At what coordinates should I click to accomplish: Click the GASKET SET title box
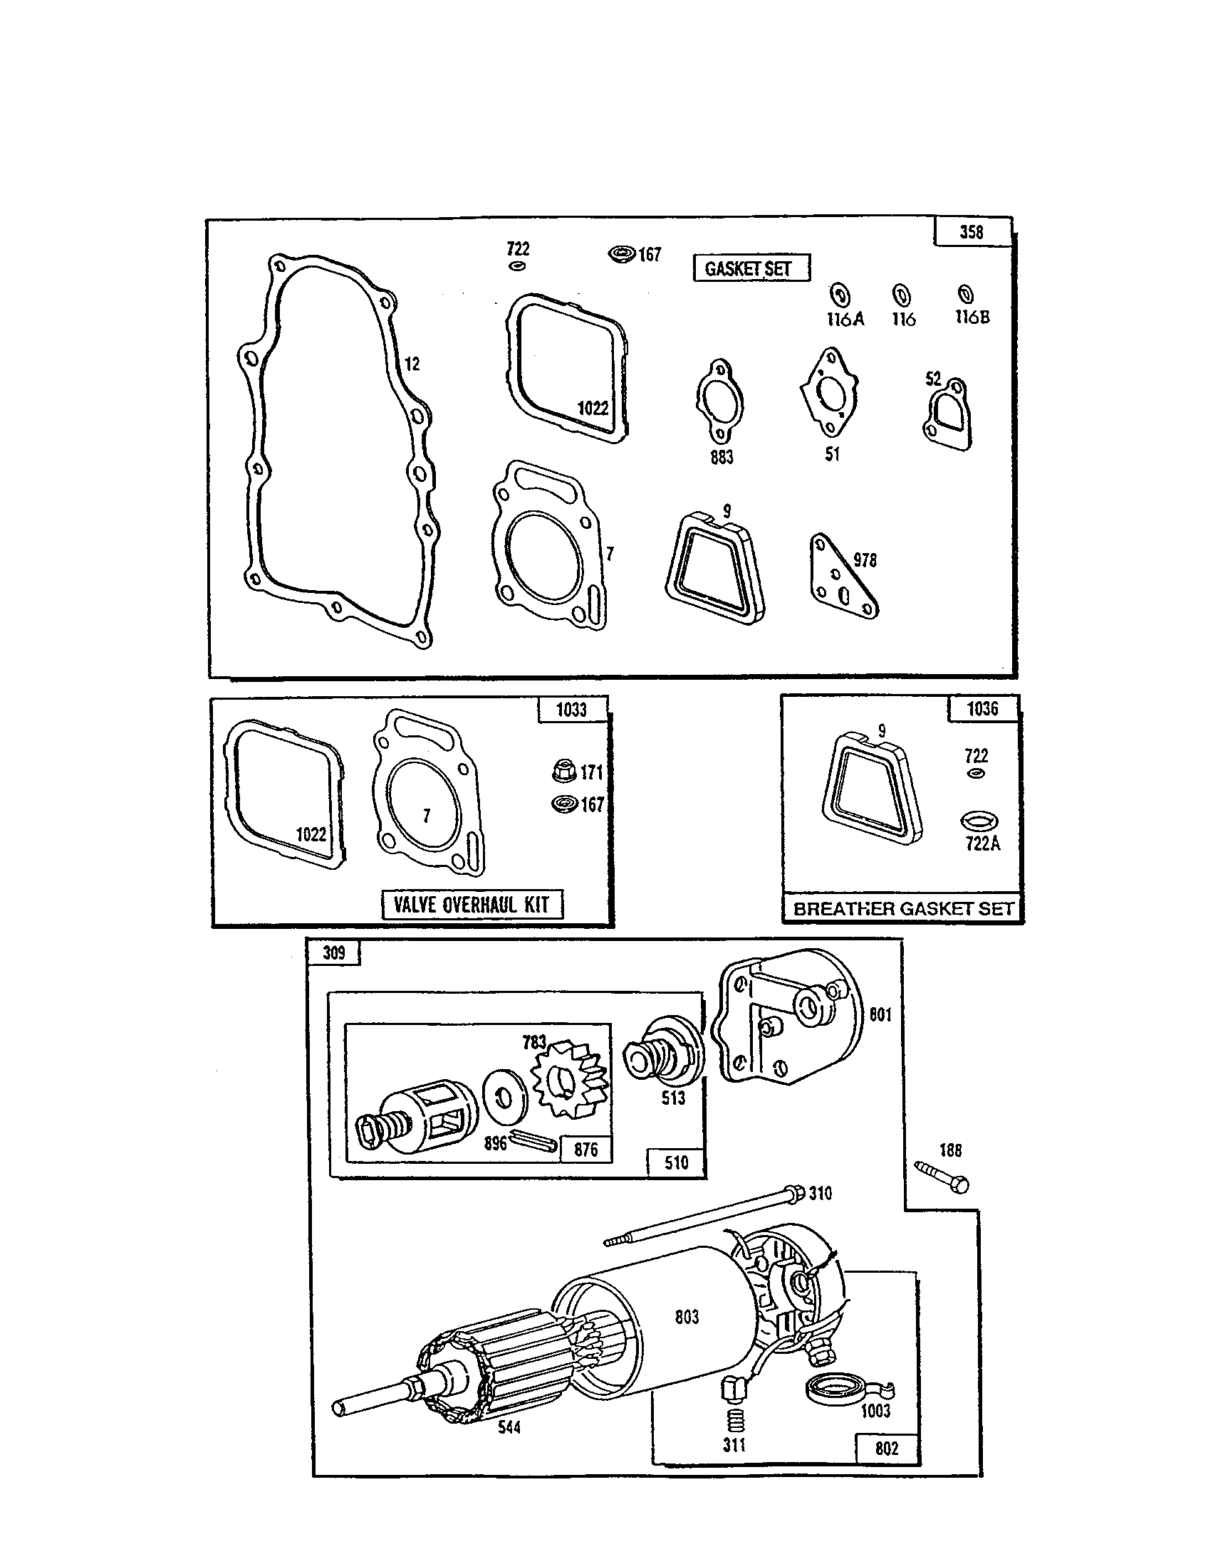tap(751, 268)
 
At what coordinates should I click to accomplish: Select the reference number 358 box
tap(972, 232)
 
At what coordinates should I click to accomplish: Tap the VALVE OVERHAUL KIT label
tap(472, 904)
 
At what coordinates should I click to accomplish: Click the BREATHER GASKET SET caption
tap(902, 908)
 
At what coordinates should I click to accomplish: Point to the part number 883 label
tap(722, 457)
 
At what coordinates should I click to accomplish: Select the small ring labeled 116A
tap(840, 295)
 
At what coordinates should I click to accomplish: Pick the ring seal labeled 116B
tap(967, 294)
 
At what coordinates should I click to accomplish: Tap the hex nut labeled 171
tap(564, 772)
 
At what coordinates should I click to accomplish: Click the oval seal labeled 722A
tap(979, 820)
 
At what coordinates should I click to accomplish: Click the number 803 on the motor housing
tap(687, 1316)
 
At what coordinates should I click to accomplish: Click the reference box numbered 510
tap(676, 1162)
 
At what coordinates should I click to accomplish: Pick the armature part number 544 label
tap(509, 1427)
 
